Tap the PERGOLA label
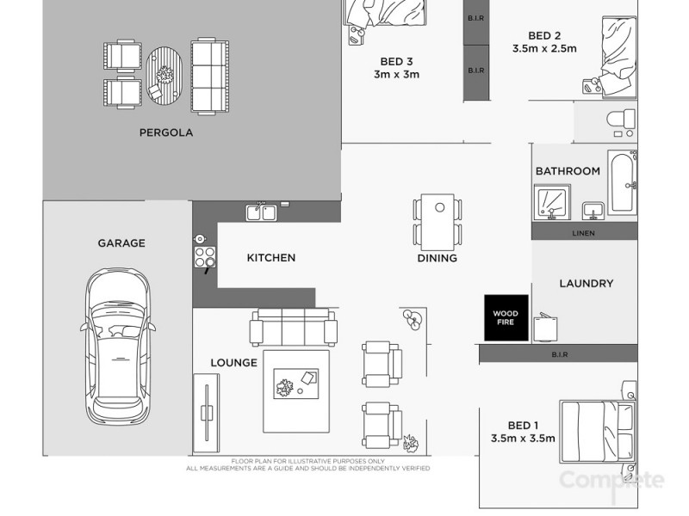(x=165, y=133)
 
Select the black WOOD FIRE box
(x=503, y=316)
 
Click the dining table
(x=437, y=220)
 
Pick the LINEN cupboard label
(x=584, y=232)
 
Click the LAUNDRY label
(x=586, y=283)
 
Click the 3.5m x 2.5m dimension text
(x=544, y=49)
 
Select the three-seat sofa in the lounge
(x=293, y=328)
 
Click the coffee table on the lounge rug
(x=296, y=384)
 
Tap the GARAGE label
(x=121, y=243)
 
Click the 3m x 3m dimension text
(x=396, y=75)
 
